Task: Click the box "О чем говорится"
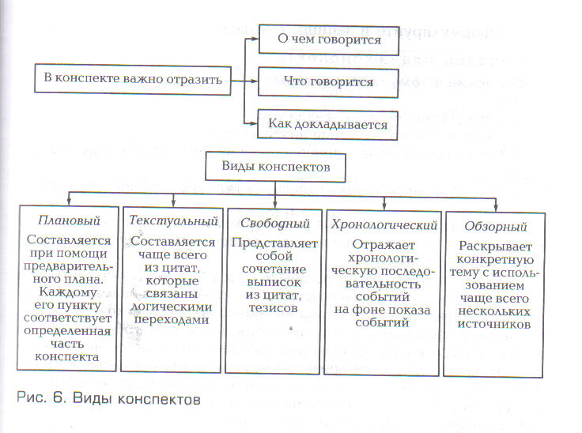tap(329, 40)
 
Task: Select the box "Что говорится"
tap(328, 82)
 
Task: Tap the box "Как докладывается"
tap(327, 125)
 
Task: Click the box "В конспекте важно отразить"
tap(133, 79)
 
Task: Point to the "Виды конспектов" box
tap(275, 167)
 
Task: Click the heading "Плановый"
tap(69, 220)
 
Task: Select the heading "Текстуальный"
tap(173, 220)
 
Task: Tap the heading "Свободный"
tap(274, 223)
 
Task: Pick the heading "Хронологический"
tap(384, 225)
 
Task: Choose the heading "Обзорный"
tap(496, 226)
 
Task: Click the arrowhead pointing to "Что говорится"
tap(254, 81)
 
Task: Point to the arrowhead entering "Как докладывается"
tap(253, 123)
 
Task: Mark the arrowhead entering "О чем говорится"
tap(255, 38)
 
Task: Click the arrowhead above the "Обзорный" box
tap(496, 207)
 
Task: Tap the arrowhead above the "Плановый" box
tap(69, 201)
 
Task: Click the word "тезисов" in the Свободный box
tap(274, 308)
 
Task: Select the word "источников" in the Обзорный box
tap(494, 324)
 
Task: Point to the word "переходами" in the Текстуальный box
tap(172, 320)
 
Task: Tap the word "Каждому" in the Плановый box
tap(68, 292)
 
